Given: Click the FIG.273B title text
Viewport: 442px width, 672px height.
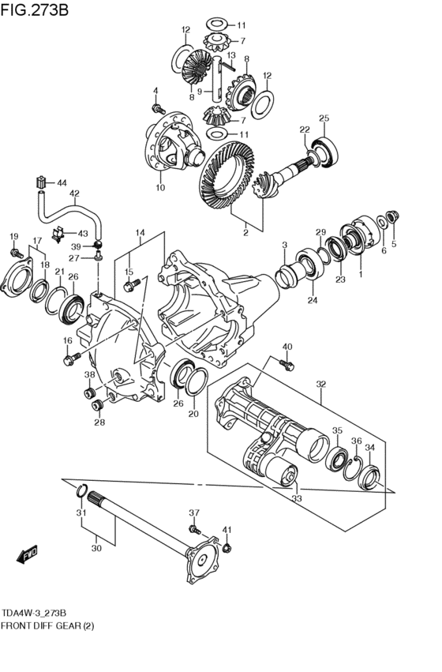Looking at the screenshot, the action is (34, 9).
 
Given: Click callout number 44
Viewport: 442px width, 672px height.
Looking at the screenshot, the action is (62, 183).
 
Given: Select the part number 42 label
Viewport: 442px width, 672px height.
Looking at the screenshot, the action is (74, 193).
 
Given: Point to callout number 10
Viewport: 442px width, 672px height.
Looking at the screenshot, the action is (160, 187).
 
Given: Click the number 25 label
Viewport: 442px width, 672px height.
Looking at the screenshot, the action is (324, 118).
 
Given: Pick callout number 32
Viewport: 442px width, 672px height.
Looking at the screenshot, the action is (320, 384).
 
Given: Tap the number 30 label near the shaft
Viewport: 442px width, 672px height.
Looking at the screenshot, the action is (96, 548).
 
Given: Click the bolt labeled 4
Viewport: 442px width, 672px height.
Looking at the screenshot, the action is (159, 108).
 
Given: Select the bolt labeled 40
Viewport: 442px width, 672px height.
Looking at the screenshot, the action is (287, 365).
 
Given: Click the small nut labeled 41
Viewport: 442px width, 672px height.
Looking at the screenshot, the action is (227, 547).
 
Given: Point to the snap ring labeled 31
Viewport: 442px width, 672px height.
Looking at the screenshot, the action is (82, 490).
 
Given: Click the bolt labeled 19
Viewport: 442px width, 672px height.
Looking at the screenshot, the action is (17, 253).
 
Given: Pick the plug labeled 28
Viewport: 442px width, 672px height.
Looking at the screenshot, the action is (98, 404).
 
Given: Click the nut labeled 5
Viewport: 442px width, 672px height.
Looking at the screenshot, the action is (393, 217).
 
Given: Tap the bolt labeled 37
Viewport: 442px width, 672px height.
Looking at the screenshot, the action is (195, 529).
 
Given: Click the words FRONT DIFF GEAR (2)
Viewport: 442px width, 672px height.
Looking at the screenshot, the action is (47, 625).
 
